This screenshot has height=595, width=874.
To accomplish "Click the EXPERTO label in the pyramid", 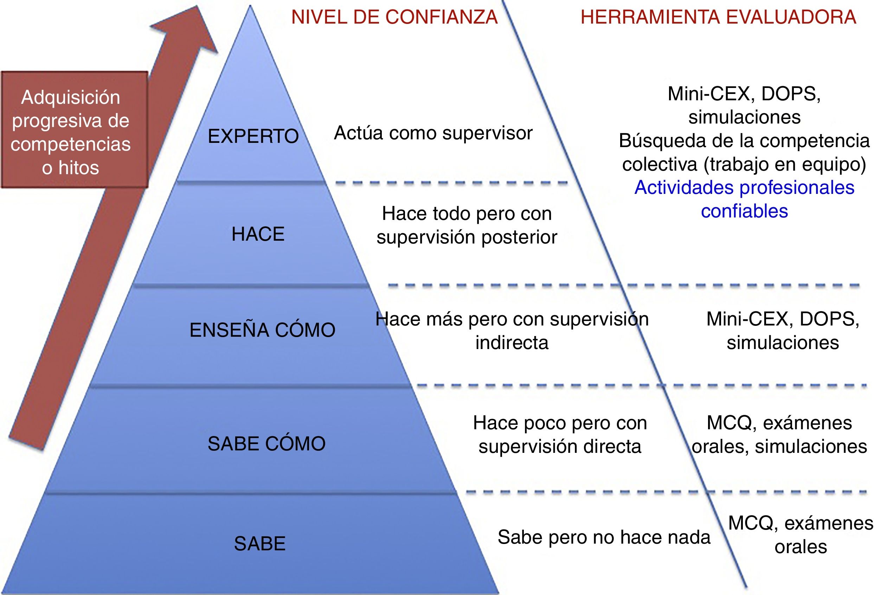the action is click(x=253, y=136).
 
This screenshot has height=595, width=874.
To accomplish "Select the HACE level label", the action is click(x=258, y=234).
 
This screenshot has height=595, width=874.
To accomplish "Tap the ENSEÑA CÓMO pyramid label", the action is click(x=262, y=330).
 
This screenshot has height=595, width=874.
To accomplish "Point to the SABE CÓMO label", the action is click(x=266, y=443).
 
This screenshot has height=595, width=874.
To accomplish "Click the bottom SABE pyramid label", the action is click(x=259, y=543).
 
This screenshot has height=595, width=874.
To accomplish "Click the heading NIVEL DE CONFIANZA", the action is click(x=394, y=17).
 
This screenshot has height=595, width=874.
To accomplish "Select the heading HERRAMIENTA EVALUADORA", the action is click(x=718, y=17).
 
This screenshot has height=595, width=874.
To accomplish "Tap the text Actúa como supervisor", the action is click(x=433, y=133).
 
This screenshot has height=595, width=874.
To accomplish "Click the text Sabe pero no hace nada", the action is click(x=604, y=537).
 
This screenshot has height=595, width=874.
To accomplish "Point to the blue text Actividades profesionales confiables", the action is click(x=744, y=199).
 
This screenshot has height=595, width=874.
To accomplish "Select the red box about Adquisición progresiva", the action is click(x=74, y=130).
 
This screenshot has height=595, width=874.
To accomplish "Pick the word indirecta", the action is click(x=512, y=343).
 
